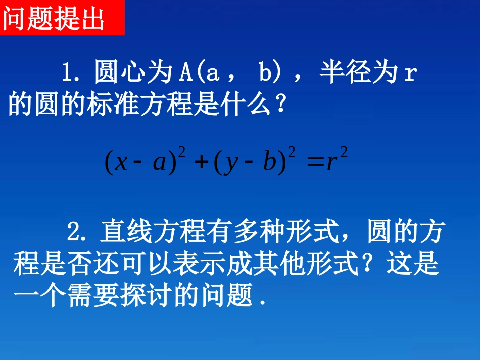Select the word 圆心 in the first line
[x=116, y=73]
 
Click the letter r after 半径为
[x=410, y=74]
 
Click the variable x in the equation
[x=121, y=163]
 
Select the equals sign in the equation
[x=314, y=163]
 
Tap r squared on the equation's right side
[x=337, y=162]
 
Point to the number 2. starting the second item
[x=78, y=233]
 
